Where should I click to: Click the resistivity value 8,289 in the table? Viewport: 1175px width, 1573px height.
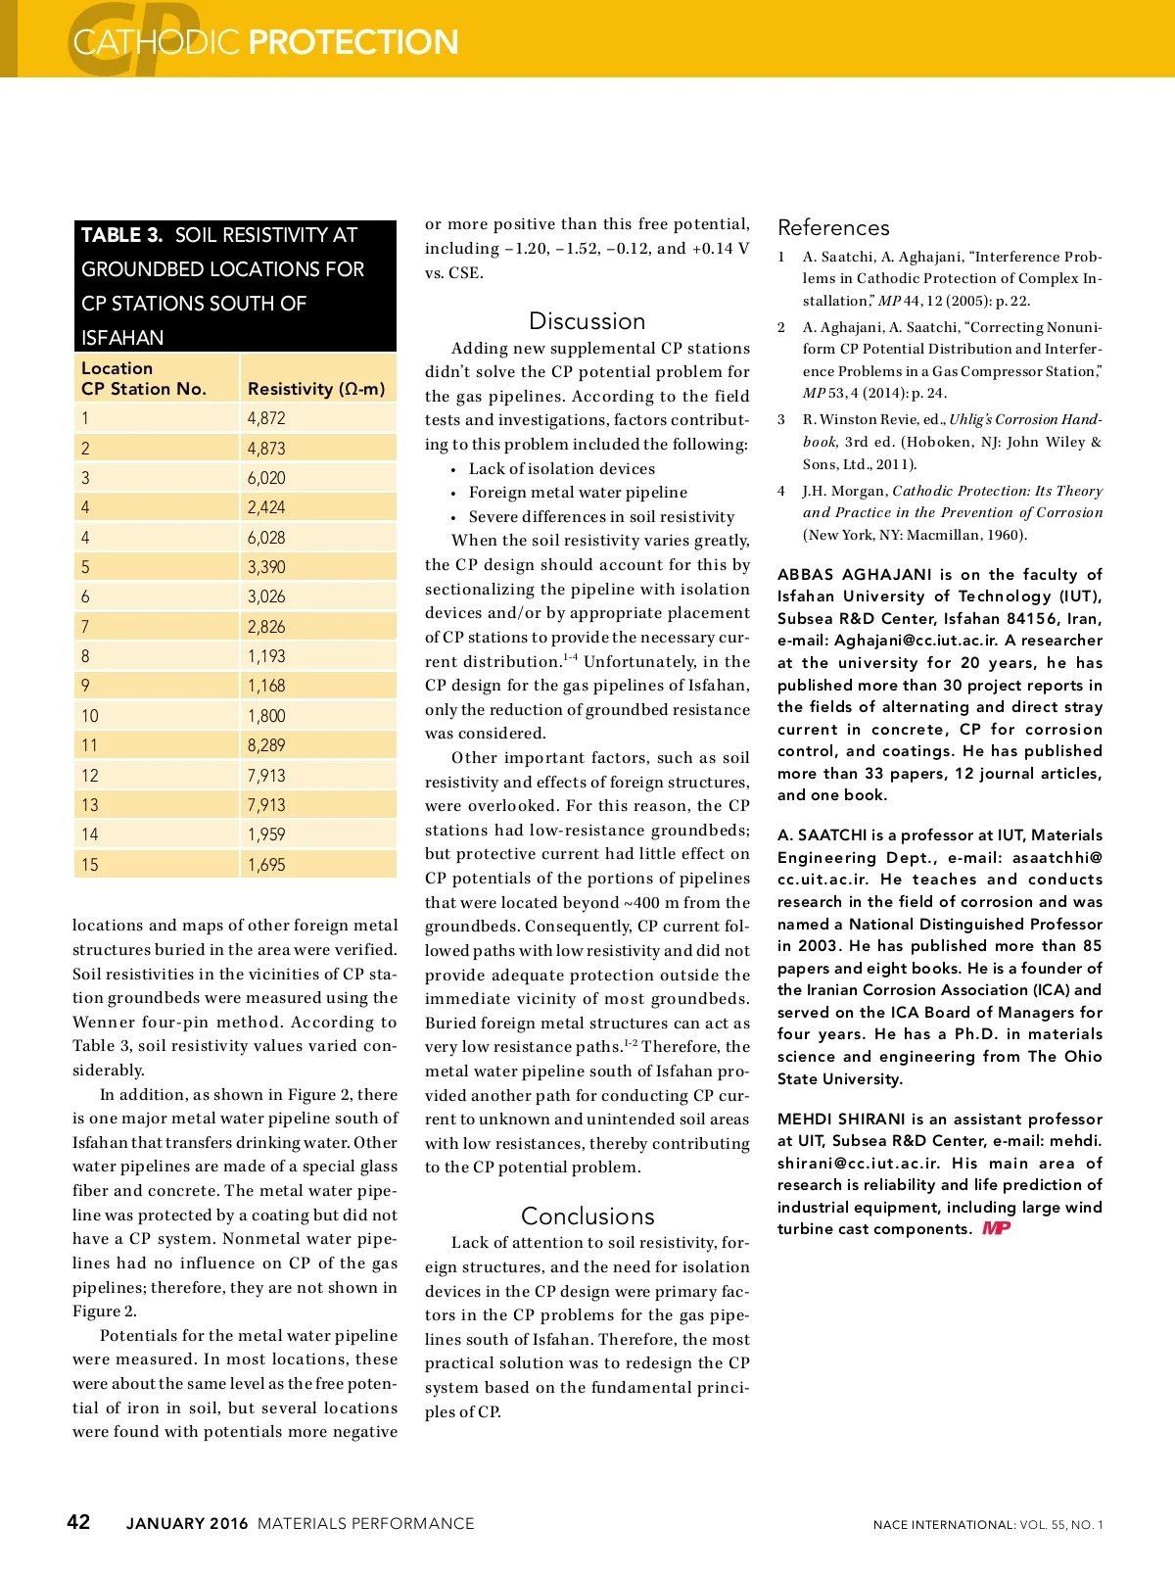point(266,745)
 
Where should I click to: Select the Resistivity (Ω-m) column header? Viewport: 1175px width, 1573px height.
point(316,389)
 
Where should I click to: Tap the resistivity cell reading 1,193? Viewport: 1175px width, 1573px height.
point(266,656)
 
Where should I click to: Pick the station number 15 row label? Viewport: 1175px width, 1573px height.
point(90,865)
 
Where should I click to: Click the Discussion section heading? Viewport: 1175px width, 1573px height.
point(587,321)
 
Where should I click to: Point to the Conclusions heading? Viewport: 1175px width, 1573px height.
point(587,1215)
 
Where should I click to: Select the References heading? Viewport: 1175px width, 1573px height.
point(833,228)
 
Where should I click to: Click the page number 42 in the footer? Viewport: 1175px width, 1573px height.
point(78,1521)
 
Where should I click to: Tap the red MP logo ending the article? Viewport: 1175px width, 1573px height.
point(996,1228)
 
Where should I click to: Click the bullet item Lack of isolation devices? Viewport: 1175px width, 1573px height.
point(561,469)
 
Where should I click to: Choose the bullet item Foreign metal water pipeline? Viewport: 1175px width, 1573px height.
point(578,493)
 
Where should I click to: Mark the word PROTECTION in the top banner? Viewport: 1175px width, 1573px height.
point(353,42)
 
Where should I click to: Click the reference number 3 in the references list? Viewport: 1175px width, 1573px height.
point(781,419)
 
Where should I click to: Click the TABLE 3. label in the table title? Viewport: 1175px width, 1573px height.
point(121,235)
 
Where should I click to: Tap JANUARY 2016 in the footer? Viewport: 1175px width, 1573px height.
point(187,1523)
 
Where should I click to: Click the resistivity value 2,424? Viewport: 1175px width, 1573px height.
point(266,507)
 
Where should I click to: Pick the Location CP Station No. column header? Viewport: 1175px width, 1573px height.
point(143,378)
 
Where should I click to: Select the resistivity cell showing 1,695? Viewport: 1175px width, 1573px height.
point(266,865)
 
